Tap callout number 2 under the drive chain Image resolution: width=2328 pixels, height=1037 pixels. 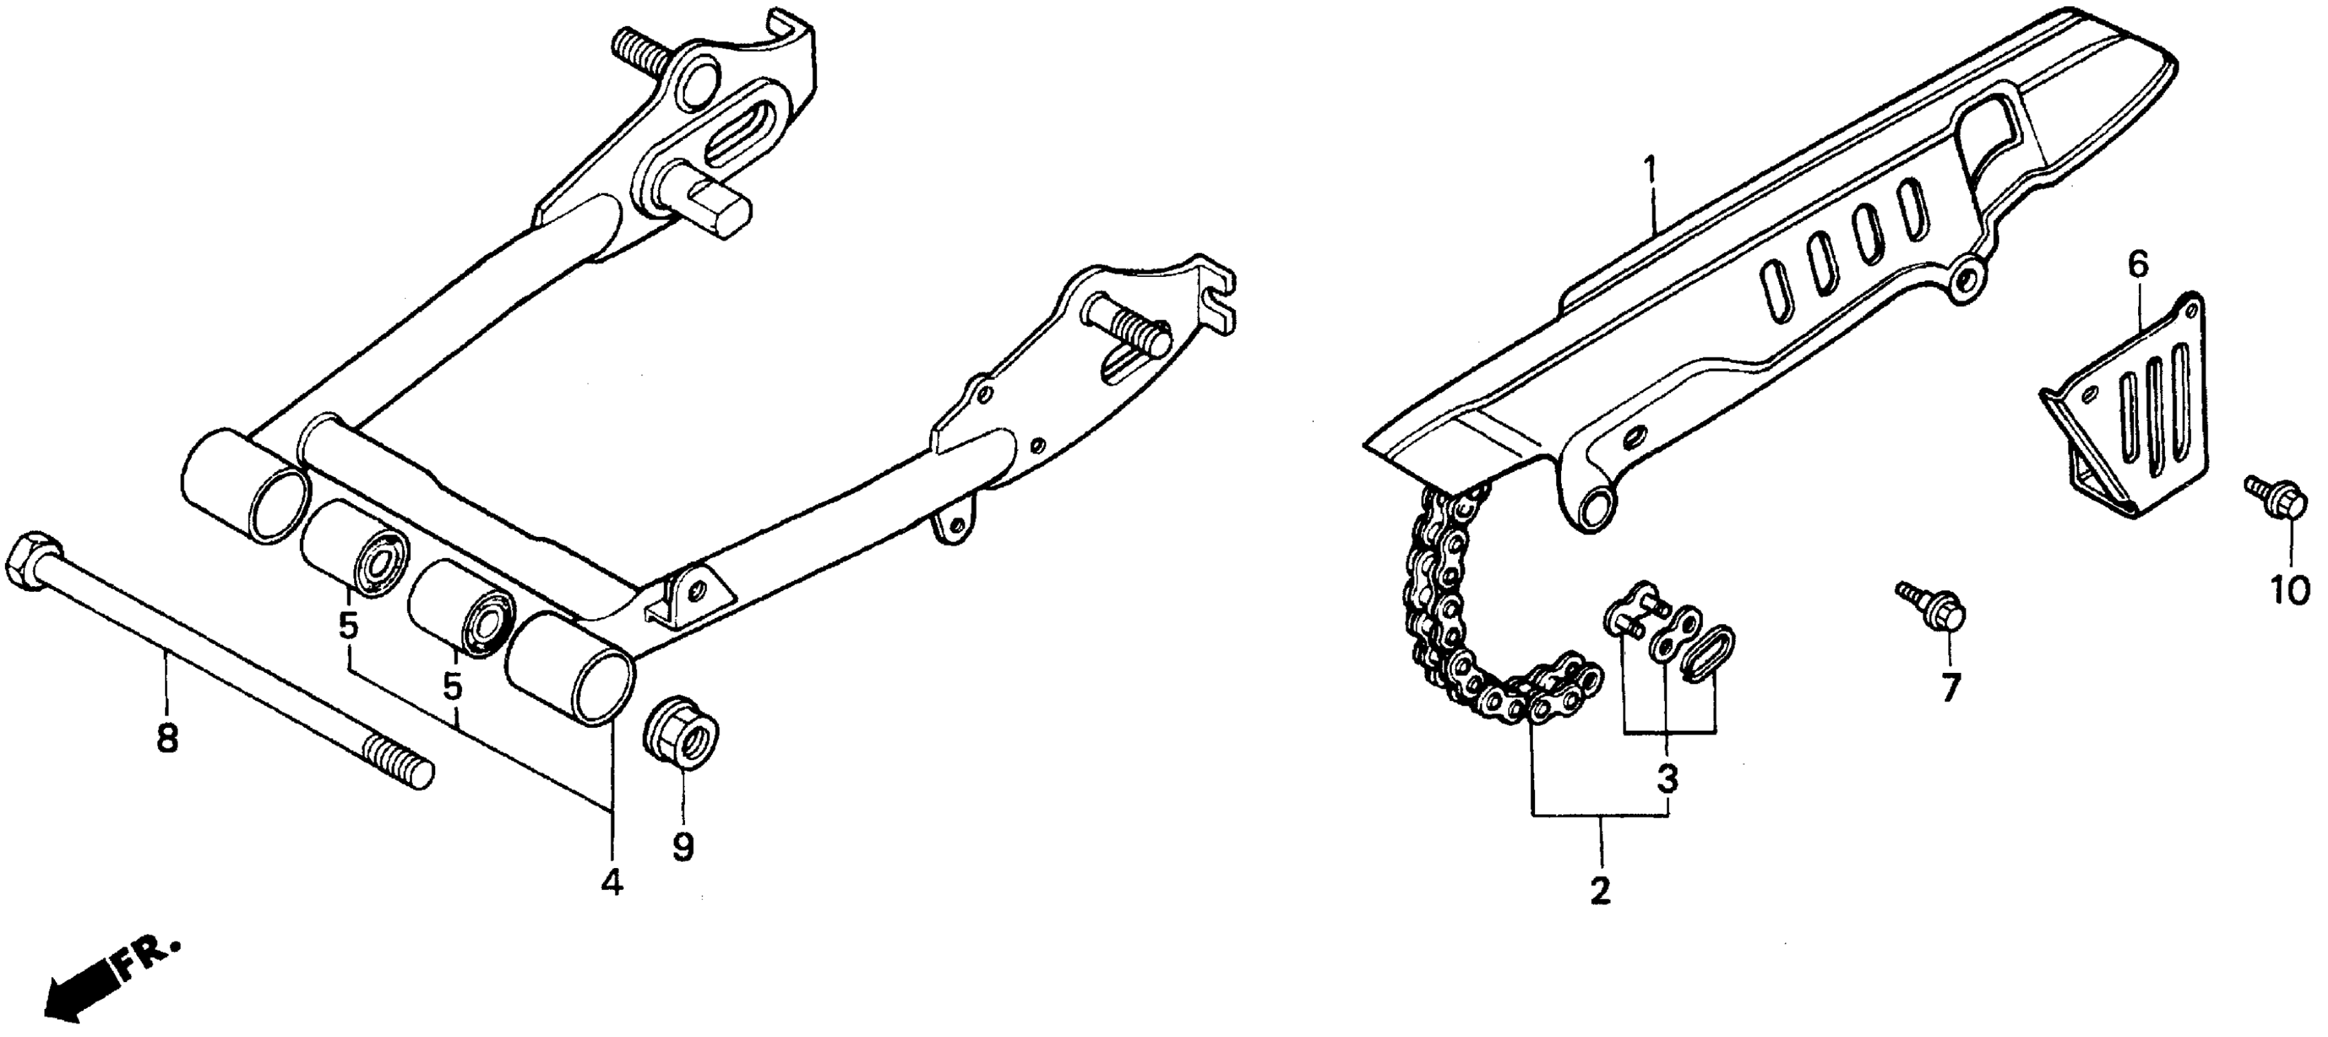1600,891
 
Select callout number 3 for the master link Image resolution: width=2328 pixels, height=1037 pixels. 1667,777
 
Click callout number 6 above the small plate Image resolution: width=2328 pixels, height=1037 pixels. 2138,265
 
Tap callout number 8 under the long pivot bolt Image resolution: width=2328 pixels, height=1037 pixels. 167,738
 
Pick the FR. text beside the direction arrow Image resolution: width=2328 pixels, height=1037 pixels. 147,960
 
